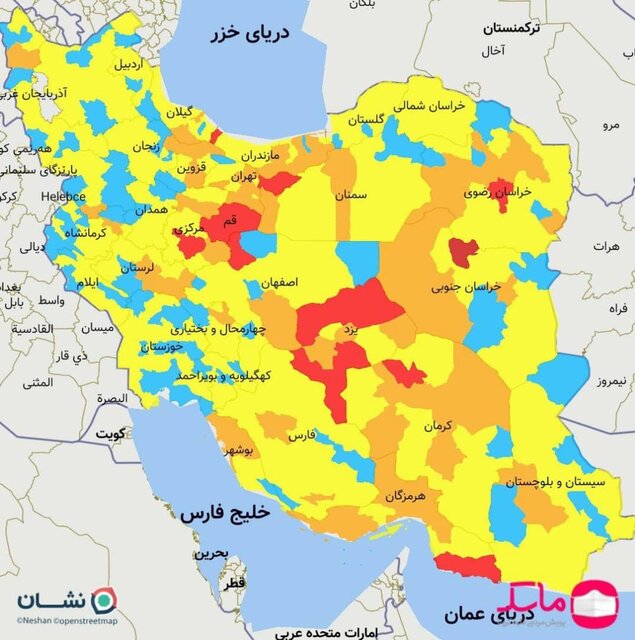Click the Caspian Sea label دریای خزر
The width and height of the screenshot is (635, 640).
point(248,34)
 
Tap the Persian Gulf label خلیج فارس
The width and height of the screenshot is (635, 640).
point(226,513)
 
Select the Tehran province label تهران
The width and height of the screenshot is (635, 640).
point(241,176)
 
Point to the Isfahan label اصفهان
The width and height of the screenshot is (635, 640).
point(280,283)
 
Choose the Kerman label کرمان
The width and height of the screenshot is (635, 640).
point(438,426)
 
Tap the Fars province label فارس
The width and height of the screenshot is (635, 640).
point(302,437)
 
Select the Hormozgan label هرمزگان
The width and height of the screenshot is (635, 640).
point(405,495)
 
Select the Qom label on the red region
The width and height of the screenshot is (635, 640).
point(228,219)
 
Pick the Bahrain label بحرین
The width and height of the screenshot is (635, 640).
point(211,553)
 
